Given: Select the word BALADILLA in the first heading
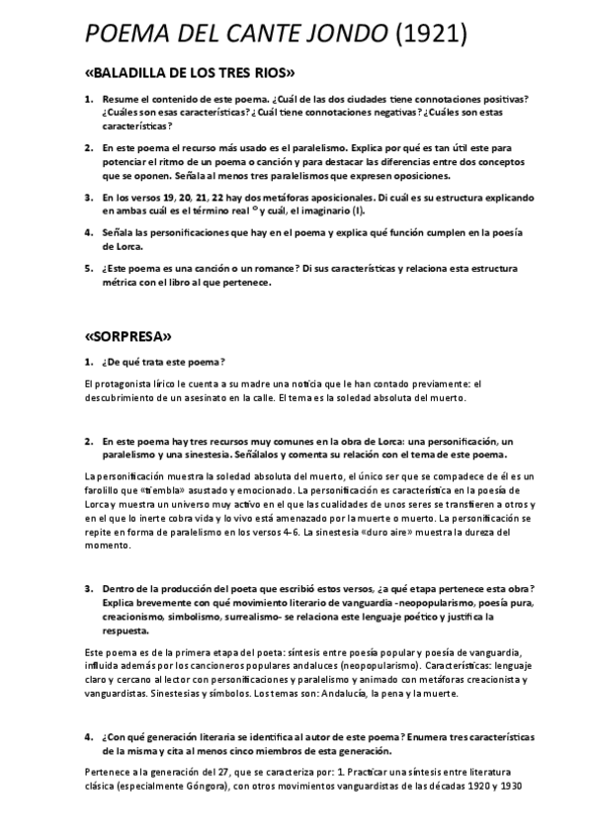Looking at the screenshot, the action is coord(136,74).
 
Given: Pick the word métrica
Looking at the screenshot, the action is coord(123,282).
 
